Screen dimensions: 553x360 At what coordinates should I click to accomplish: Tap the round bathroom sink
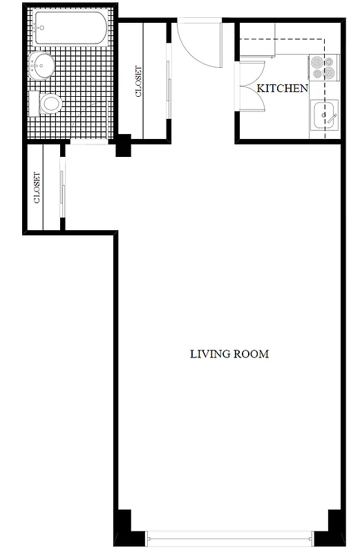tap(41, 68)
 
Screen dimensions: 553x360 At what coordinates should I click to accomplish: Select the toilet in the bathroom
tap(48, 105)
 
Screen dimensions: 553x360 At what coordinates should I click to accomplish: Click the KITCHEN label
tap(282, 88)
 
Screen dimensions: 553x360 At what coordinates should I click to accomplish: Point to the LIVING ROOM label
tap(229, 354)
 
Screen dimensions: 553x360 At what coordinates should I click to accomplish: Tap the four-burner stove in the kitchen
tap(323, 67)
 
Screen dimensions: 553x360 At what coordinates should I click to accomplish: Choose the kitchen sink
tap(324, 115)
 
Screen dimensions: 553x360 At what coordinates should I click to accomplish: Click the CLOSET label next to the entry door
tap(140, 81)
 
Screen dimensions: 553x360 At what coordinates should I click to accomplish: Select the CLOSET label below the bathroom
tap(37, 187)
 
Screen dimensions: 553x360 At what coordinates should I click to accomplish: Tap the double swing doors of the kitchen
tap(250, 84)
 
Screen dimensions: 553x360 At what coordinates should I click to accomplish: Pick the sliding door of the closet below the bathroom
tap(62, 187)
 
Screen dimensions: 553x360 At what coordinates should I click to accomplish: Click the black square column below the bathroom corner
tap(124, 145)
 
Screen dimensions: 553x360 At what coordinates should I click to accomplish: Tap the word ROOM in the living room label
tap(252, 354)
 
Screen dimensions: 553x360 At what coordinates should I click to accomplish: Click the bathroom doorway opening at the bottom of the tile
tap(89, 142)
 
